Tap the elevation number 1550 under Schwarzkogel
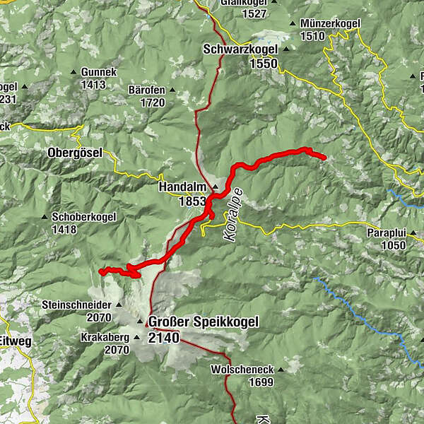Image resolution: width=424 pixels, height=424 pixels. tap(263, 63)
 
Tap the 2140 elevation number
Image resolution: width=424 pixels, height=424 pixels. tap(164, 338)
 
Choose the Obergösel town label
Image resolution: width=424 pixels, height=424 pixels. tap(75, 153)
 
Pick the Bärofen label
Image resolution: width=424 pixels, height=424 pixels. tap(146, 90)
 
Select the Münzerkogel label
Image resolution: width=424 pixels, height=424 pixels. tap(330, 23)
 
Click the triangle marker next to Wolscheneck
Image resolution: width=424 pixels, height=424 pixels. tap(281, 370)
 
